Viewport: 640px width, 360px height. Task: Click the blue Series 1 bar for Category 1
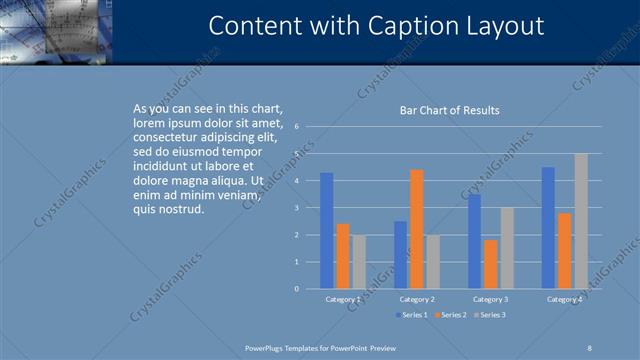pos(326,231)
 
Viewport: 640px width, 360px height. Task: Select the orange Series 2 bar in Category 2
pos(416,229)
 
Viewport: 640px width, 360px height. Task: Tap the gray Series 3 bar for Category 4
pos(581,221)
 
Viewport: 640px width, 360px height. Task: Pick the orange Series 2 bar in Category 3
pos(490,264)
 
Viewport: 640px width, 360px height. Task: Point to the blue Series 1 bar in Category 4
pos(548,228)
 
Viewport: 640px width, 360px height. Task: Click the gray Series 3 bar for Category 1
pos(359,262)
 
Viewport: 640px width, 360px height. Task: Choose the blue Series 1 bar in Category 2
pos(400,255)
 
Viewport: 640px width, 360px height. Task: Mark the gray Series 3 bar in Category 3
pos(507,248)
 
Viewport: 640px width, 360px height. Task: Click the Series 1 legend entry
pos(412,315)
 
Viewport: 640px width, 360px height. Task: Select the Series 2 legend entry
pos(450,315)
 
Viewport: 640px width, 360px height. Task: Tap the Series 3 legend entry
pos(489,315)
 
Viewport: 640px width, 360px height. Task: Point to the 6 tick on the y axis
pos(296,127)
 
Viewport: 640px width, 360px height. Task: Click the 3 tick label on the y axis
pos(296,208)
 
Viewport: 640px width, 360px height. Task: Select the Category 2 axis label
pos(416,299)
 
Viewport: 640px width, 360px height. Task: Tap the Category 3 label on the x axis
pos(490,299)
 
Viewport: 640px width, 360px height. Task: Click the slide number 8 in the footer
pos(590,347)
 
